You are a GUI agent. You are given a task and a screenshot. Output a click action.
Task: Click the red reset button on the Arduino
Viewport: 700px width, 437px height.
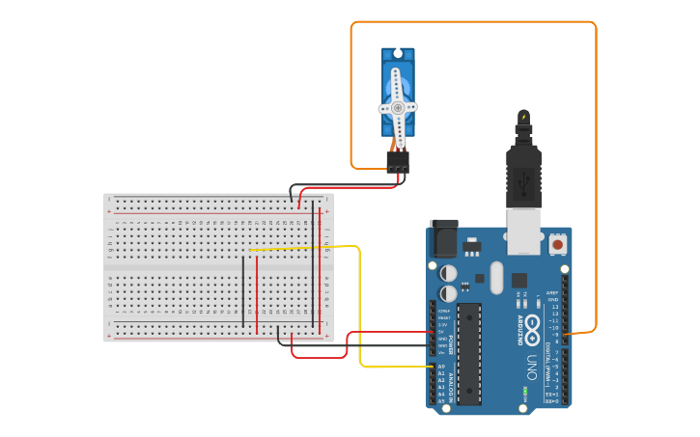point(557,245)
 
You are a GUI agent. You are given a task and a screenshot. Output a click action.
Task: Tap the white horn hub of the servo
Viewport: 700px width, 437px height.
point(398,108)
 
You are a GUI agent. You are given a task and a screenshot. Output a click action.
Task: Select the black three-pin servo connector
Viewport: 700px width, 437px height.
point(398,163)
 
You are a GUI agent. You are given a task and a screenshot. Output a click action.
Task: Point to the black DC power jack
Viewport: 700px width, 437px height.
point(443,239)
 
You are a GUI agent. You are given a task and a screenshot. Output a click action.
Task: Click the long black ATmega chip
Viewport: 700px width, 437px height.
point(469,352)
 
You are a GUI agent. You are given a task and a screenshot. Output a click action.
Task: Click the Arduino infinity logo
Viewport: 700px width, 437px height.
point(530,331)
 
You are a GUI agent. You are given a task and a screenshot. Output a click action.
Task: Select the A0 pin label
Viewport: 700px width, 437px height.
point(441,367)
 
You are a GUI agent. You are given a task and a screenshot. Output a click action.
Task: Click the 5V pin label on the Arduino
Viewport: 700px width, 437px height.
point(442,332)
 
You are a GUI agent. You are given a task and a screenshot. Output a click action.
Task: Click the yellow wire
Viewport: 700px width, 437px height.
point(360,309)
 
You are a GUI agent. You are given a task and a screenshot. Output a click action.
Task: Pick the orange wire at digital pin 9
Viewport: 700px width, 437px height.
point(596,193)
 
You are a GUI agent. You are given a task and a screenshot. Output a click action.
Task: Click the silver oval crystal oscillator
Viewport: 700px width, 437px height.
point(496,279)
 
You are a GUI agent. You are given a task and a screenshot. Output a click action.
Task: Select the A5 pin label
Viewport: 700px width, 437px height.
point(441,400)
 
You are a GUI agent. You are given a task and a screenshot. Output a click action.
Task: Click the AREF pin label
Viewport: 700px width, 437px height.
point(552,292)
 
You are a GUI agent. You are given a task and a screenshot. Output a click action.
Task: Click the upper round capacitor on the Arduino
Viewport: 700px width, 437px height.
point(449,273)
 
